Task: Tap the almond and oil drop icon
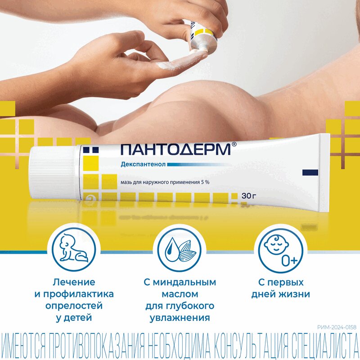pos(180,250)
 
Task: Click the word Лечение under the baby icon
pos(74,283)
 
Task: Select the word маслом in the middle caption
pos(180,294)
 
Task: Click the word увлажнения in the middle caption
pos(180,318)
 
